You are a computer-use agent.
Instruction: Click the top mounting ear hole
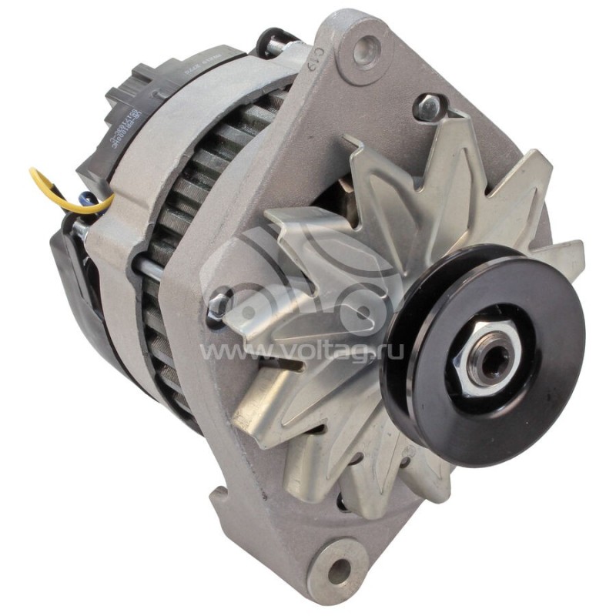(364, 50)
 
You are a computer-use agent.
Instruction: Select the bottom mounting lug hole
(336, 569)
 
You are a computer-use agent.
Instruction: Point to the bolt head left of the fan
(219, 303)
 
